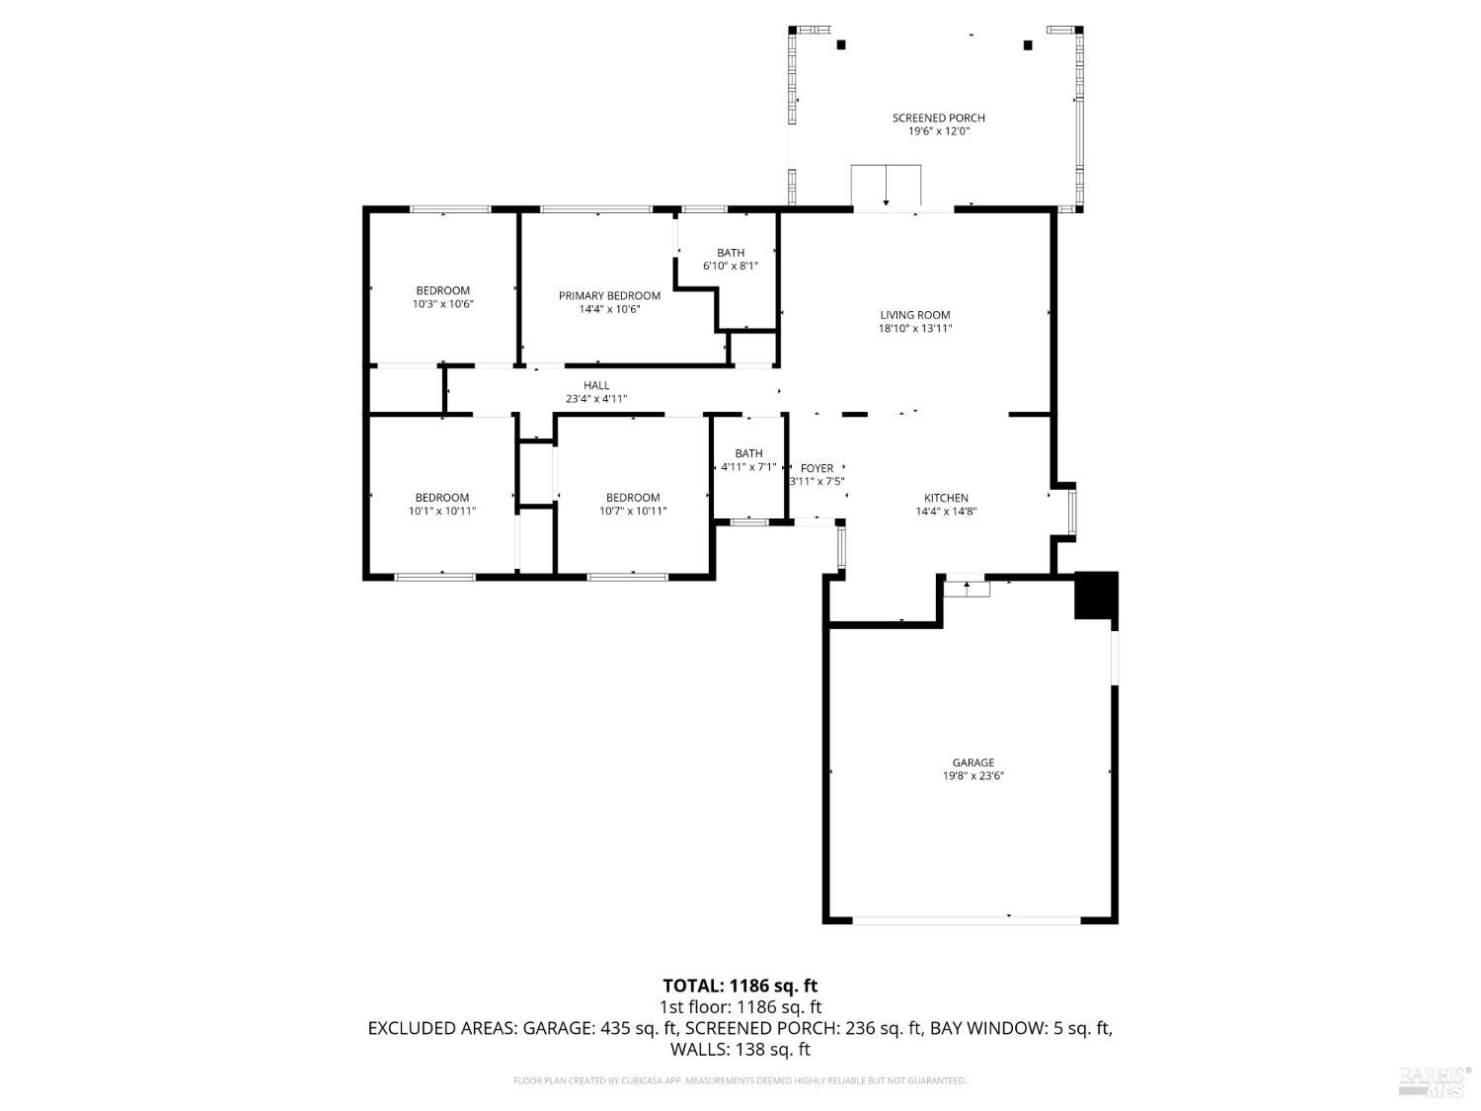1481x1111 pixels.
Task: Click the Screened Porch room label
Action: (x=938, y=118)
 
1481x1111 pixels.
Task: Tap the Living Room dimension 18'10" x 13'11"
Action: (x=914, y=329)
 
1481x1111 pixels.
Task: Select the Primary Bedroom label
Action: (x=609, y=295)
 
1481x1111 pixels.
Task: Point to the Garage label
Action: (x=973, y=762)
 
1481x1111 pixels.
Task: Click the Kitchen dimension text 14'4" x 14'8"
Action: (x=945, y=512)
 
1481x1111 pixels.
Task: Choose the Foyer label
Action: (x=817, y=468)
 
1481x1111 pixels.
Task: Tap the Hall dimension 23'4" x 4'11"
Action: (x=596, y=399)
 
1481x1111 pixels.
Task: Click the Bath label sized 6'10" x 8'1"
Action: (x=731, y=253)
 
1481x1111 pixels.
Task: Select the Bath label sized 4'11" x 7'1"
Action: (x=748, y=453)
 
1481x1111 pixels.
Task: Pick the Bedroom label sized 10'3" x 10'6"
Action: (x=442, y=290)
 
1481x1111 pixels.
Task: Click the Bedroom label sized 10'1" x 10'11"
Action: (x=441, y=498)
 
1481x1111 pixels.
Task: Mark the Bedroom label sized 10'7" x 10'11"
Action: (x=632, y=498)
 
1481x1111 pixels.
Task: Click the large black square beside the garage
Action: (x=1096, y=595)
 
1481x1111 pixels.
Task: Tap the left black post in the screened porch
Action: (x=841, y=44)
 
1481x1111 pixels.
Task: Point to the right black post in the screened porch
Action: (x=1028, y=44)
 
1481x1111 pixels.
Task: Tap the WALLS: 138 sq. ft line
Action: (x=740, y=1049)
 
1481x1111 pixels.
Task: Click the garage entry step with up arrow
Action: (x=967, y=590)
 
